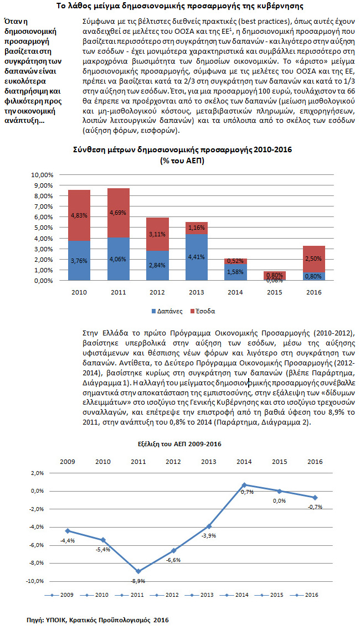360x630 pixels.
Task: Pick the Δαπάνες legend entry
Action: [167, 311]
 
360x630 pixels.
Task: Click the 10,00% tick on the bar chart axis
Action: [45, 174]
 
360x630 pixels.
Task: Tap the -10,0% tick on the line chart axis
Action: [34, 581]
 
